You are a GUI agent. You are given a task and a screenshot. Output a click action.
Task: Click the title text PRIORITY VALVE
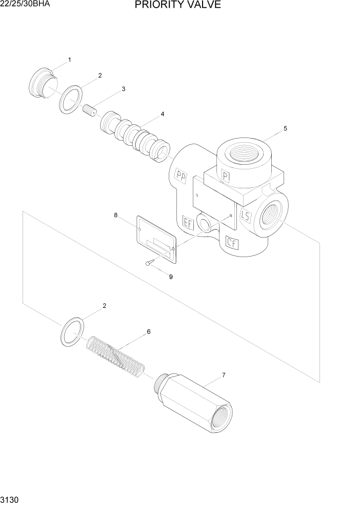(x=178, y=6)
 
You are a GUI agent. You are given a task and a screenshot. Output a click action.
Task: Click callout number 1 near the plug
(x=70, y=60)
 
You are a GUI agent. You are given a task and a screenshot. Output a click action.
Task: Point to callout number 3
(x=123, y=89)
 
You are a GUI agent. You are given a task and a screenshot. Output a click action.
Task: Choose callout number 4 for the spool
(x=163, y=114)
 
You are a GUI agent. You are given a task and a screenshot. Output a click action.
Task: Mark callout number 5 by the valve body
(x=286, y=128)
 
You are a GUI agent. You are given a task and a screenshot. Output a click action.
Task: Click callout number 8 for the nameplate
(x=116, y=216)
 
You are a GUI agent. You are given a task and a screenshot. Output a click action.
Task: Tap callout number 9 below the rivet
(x=171, y=277)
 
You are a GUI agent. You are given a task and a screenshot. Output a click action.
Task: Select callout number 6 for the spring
(x=149, y=331)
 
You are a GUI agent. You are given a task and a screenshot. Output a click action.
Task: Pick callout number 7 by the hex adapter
(x=224, y=376)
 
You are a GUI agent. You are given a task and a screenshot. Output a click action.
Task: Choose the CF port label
(x=232, y=242)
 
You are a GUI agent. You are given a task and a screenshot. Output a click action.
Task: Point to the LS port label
(x=245, y=216)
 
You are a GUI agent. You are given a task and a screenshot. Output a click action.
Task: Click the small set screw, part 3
(x=90, y=110)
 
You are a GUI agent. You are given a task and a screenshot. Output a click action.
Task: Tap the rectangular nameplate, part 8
(x=156, y=240)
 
